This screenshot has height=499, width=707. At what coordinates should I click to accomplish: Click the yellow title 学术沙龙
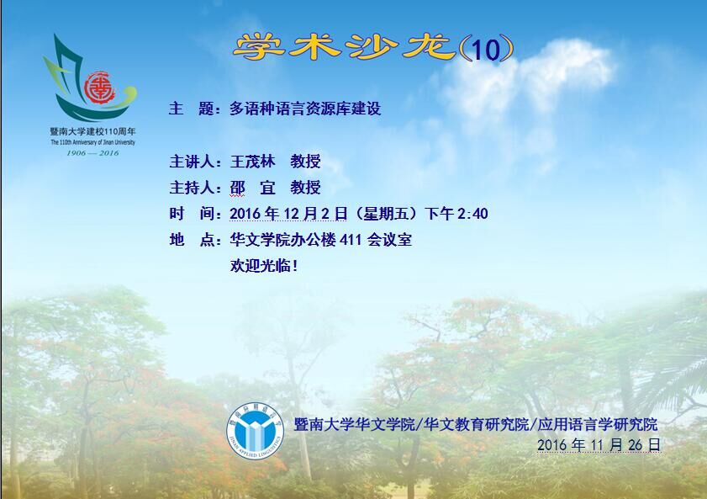pos(345,47)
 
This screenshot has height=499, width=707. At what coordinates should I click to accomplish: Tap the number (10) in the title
pos(486,49)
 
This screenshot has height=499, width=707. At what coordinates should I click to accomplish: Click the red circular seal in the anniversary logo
pos(99,88)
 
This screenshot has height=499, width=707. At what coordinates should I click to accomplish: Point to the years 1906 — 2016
pos(92,153)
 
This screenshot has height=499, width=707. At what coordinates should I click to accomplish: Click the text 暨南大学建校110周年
pos(92,132)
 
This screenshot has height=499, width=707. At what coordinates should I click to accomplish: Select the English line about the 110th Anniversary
pos(92,142)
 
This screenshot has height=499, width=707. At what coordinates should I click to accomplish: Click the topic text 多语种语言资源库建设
pos(305,109)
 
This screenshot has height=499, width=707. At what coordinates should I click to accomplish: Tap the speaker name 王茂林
pos(252,161)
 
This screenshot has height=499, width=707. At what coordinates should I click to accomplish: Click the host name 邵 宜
pos(252,188)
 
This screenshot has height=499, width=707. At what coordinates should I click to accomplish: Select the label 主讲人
pos(192,161)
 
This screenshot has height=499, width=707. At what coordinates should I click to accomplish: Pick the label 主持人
pos(192,188)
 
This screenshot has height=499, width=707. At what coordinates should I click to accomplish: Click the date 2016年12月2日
pos(288,214)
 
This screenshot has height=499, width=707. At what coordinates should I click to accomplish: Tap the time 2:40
pos(472,214)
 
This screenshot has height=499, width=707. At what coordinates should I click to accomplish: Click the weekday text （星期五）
pos(387,214)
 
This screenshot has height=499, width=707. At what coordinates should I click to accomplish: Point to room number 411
pos(351,240)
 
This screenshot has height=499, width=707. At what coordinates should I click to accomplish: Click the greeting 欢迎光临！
pos(264,266)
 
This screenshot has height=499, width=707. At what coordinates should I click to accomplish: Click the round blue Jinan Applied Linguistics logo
pos(256,432)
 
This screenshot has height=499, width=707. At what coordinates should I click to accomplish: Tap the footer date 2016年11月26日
pos(599,445)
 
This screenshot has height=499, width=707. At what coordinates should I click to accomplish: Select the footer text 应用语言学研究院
pos(597,425)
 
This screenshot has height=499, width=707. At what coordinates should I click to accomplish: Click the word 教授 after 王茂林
pos(305,161)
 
